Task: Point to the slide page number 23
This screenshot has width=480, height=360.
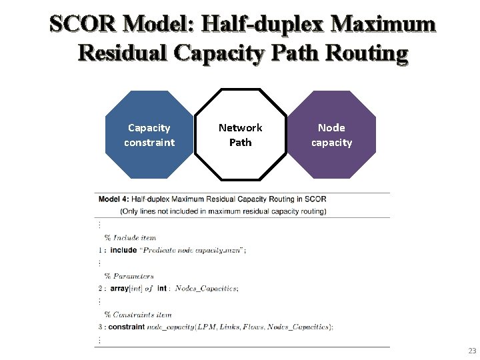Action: coord(472,351)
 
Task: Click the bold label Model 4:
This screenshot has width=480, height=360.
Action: coord(113,199)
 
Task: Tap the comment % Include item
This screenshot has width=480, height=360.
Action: coord(130,237)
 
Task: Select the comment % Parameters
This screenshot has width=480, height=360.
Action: coord(129,275)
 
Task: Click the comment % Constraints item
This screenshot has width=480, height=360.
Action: coord(138,315)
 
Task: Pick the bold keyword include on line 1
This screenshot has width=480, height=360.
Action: coord(123,250)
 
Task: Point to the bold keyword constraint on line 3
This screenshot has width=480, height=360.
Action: coord(127,327)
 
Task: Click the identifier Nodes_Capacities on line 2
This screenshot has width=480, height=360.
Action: coord(207,289)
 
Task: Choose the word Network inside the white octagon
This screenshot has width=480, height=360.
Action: coord(240,127)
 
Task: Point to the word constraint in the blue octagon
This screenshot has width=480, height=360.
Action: coord(149,142)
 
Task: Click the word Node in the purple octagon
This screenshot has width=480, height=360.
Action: coord(331,127)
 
